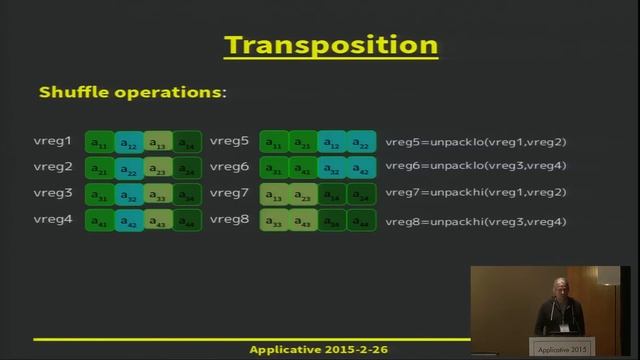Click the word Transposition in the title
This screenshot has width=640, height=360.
pos(331,45)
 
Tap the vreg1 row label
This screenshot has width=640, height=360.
pos(53,141)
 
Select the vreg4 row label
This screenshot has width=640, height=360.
pos(53,218)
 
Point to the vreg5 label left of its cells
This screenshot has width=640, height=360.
pos(229,141)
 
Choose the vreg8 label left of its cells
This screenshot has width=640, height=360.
pos(229,218)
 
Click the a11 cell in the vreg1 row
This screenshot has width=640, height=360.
pos(100,143)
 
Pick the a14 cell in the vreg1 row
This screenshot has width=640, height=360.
pos(187,143)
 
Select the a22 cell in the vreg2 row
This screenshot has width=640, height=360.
pos(129,169)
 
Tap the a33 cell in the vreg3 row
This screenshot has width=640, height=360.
pos(158,195)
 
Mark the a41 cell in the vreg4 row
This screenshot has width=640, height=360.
pos(100,221)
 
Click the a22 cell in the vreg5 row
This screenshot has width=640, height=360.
pos(362,143)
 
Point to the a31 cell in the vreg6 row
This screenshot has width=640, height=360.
pos(274,169)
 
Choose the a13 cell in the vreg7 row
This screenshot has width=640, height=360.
pos(274,195)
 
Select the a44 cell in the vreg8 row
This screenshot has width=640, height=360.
pos(362,221)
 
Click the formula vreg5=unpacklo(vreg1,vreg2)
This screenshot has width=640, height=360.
pos(476,142)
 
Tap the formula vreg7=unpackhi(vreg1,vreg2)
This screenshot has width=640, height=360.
pos(476,193)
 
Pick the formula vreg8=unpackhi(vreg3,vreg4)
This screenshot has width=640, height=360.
pos(476,219)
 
